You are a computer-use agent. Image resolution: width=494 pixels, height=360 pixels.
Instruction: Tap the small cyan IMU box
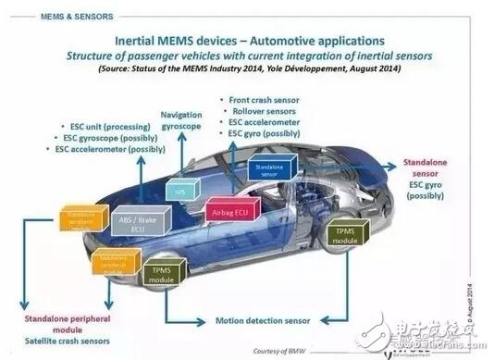pyautogui.click(x=182, y=191)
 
